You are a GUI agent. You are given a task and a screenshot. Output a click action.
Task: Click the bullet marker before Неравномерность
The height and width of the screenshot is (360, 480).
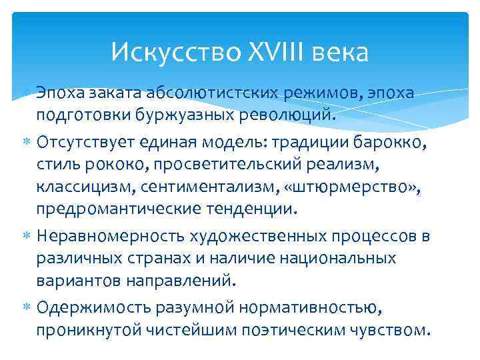[29, 237]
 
